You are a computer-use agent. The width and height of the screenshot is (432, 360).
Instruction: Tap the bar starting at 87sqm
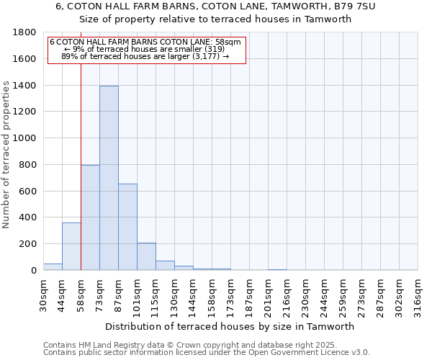pyautogui.click(x=127, y=227)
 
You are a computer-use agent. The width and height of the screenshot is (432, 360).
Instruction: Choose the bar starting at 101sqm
pyautogui.click(x=146, y=256)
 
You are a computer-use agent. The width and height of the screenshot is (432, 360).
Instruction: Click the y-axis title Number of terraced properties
pyautogui.click(x=6, y=155)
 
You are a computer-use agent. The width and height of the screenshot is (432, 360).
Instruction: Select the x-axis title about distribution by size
pyautogui.click(x=235, y=327)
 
